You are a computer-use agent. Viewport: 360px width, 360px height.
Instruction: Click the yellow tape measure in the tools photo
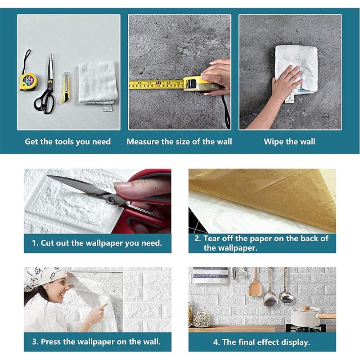[x=28, y=81]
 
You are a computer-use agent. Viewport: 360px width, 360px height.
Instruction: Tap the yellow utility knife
[x=65, y=87]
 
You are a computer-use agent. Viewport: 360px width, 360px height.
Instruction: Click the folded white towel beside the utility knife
[x=98, y=84]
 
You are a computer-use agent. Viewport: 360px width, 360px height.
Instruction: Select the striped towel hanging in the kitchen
[x=210, y=275]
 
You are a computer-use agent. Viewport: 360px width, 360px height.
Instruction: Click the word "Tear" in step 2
[x=211, y=238]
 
